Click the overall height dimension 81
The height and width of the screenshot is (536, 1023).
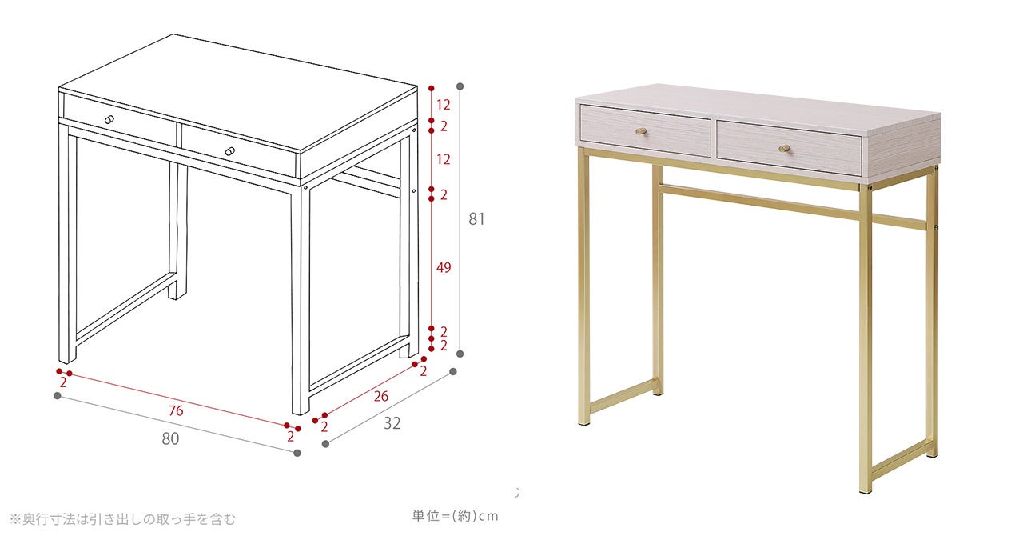[476, 219]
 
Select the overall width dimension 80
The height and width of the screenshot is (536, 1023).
[170, 439]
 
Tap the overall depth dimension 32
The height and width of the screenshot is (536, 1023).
[392, 423]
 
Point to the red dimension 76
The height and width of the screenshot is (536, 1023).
[176, 410]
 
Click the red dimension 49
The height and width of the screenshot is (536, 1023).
[444, 267]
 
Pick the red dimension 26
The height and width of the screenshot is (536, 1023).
[381, 396]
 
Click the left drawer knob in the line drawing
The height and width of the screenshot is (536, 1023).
[109, 120]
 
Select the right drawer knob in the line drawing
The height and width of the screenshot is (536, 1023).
[230, 151]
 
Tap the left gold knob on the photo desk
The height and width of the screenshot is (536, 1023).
[641, 132]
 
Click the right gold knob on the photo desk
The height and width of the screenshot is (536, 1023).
[785, 148]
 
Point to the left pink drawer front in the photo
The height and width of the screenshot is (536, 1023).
[645, 130]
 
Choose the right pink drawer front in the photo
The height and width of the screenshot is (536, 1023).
[789, 148]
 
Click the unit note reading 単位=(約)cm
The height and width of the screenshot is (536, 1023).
[455, 516]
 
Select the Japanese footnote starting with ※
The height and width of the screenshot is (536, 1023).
[123, 519]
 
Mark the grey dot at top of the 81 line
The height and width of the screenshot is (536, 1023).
[460, 86]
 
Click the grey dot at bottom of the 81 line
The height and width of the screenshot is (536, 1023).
[460, 354]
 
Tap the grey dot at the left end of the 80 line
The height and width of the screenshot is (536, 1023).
[57, 395]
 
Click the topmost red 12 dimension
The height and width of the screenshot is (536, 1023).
[443, 105]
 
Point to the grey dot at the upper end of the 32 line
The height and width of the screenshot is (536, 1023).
[453, 372]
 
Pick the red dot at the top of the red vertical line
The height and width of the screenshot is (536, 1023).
[431, 88]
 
